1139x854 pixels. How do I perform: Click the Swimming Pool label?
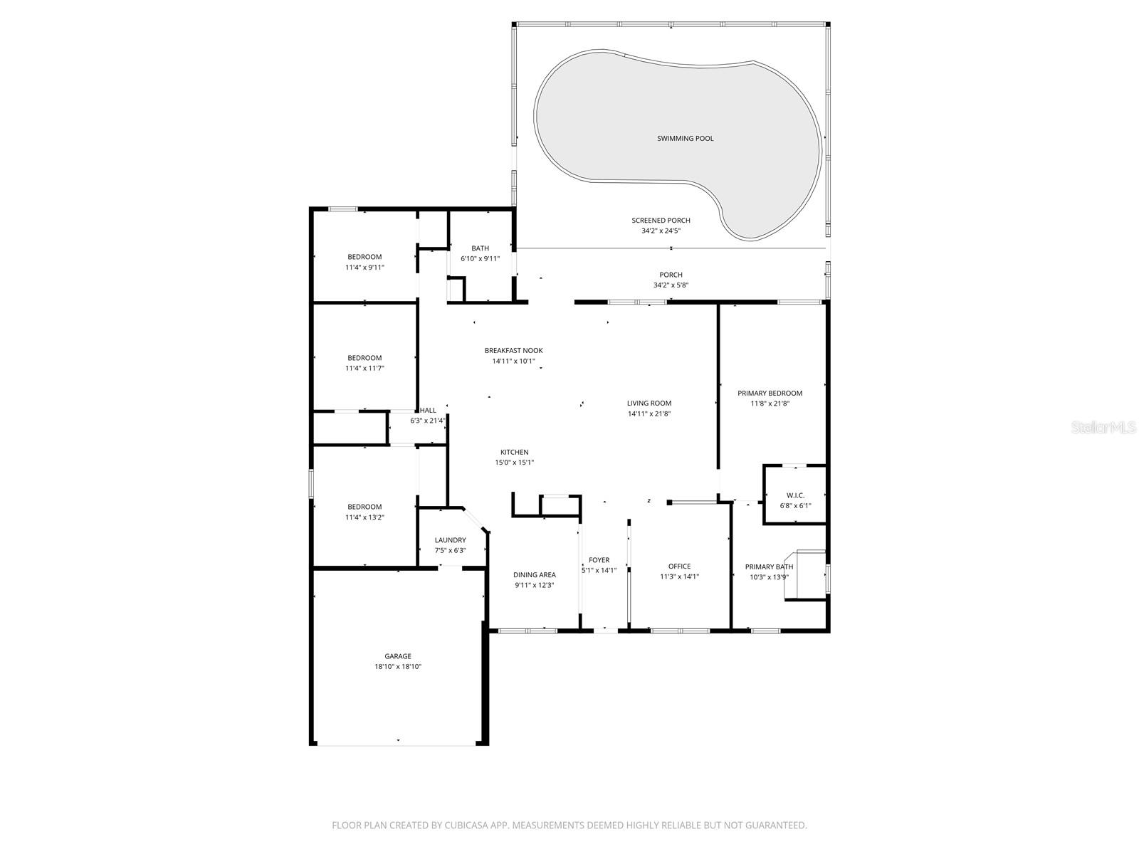[x=685, y=138]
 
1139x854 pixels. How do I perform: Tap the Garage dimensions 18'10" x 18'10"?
[x=398, y=667]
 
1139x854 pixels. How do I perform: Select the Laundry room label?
[x=450, y=540]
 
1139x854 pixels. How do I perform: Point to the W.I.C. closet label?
[x=795, y=495]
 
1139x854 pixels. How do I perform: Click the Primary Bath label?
[x=769, y=566]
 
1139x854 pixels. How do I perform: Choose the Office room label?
[x=679, y=566]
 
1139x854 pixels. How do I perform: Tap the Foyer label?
[x=599, y=560]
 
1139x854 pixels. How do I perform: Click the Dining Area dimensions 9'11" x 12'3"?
[x=534, y=585]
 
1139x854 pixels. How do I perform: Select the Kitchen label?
[x=514, y=452]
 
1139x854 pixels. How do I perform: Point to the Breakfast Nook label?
[x=513, y=350]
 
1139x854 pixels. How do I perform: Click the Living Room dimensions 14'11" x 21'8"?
[x=649, y=413]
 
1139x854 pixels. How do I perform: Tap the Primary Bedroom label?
[x=770, y=393]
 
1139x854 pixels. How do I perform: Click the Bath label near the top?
[x=480, y=248]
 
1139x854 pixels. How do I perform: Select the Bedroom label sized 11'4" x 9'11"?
[x=364, y=257]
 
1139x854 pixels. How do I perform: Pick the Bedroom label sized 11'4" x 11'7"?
[x=364, y=358]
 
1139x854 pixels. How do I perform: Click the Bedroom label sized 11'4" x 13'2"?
[x=364, y=507]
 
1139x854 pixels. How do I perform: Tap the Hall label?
[x=428, y=411]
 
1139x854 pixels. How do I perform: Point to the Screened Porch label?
[x=661, y=221]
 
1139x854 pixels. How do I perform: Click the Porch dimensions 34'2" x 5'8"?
[x=671, y=285]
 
